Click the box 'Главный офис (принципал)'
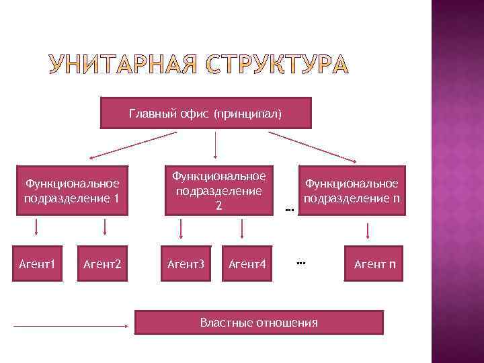click(206, 113)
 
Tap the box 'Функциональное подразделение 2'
click(218, 190)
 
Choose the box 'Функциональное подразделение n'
click(352, 190)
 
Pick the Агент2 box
click(102, 264)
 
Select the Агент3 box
click(185, 264)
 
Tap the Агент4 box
click(247, 264)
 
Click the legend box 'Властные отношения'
click(259, 322)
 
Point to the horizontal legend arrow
click(71, 327)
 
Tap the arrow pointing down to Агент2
click(104, 230)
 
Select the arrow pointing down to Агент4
click(242, 230)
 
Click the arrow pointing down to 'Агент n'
click(368, 231)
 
